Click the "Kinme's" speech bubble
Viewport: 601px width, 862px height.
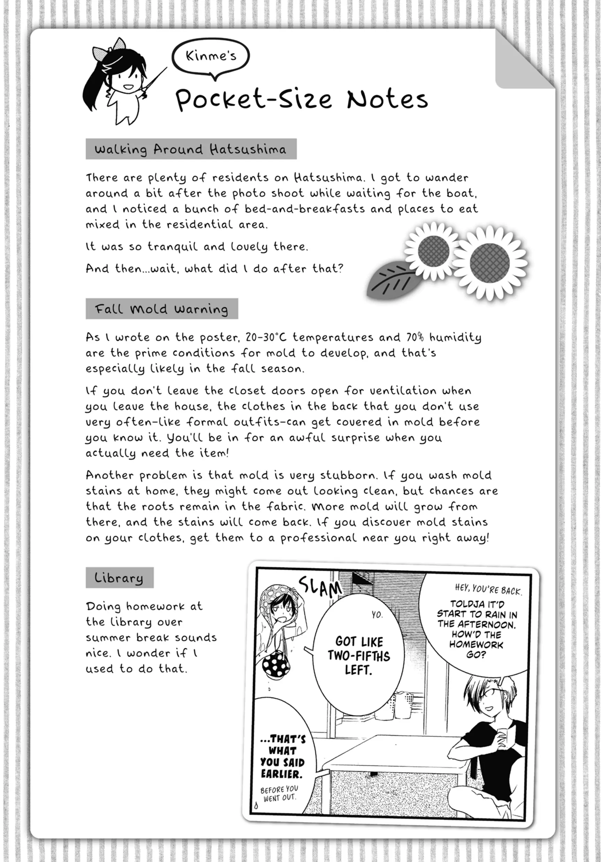tap(211, 56)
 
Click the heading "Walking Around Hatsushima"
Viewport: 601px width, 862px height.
tap(191, 149)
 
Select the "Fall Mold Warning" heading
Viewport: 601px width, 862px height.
tap(162, 309)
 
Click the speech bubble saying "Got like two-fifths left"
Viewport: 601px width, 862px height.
tap(359, 655)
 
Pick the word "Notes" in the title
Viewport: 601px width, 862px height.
tap(387, 100)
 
